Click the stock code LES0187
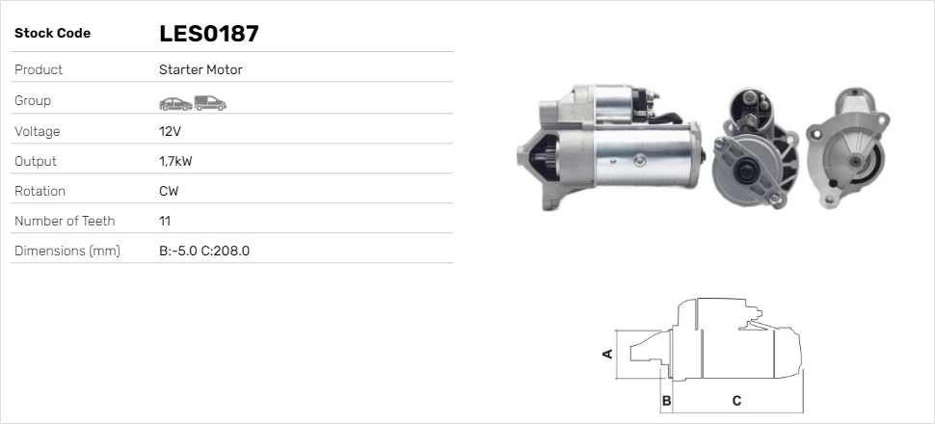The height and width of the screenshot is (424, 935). coord(209,34)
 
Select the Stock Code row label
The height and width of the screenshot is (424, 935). coord(52,34)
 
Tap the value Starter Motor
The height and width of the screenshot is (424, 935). coord(200,69)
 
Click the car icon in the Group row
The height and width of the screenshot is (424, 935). coord(175,104)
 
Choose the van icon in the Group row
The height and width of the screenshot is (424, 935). coord(210,103)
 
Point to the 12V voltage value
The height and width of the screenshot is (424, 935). coord(170,131)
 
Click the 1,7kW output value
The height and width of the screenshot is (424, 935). coord(175,162)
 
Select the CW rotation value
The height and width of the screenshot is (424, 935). coord(169,192)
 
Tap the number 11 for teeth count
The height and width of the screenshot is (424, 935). coord(165,222)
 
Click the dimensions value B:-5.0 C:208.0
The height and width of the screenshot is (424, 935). coord(204,252)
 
